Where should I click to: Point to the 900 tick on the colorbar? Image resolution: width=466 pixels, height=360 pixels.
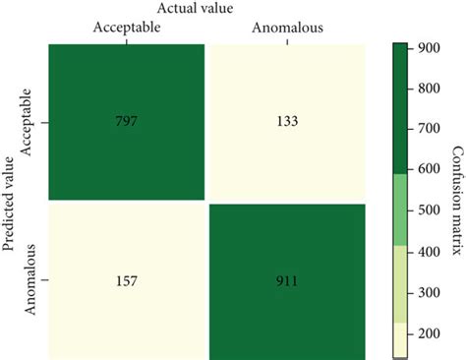pos(427,48)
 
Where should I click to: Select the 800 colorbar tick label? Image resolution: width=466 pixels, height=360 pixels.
pos(427,89)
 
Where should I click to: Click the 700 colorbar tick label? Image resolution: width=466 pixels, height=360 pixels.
pos(427,129)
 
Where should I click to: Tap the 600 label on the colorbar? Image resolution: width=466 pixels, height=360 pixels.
pos(427,170)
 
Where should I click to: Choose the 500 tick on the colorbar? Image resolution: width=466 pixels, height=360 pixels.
pos(427,210)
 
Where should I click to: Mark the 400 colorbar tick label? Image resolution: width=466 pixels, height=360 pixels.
pos(427,252)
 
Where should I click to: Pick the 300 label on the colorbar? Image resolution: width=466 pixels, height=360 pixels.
pos(427,292)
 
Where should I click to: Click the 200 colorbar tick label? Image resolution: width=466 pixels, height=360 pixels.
pos(427,333)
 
